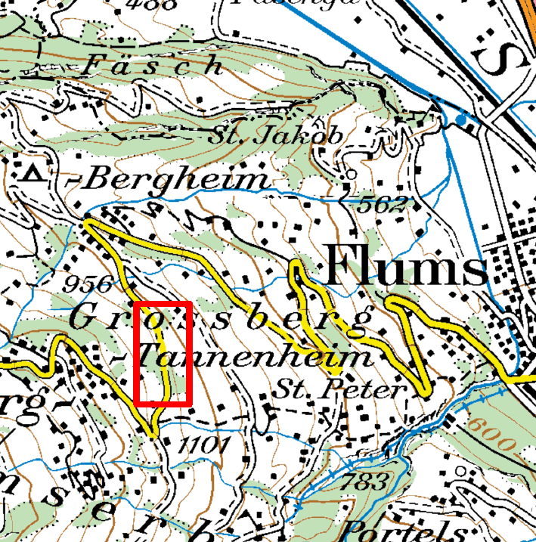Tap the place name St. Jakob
276,136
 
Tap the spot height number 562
384,203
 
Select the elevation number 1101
202,447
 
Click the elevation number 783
364,481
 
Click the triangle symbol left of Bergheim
33,174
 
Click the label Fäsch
151,66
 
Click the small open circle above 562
349,175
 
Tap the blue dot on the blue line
460,119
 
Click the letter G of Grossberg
85,317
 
